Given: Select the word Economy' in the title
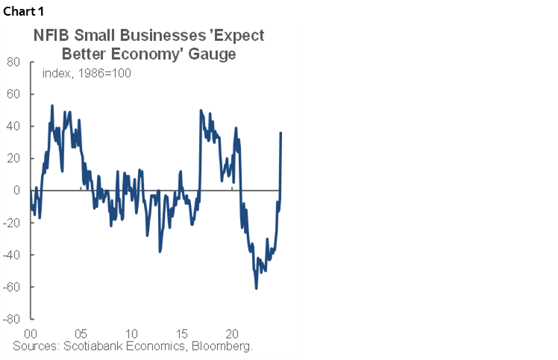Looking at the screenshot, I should click(x=158, y=54).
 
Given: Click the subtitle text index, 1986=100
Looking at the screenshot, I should click(x=87, y=73).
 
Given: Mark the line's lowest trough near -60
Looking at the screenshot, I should click(x=256, y=288).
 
